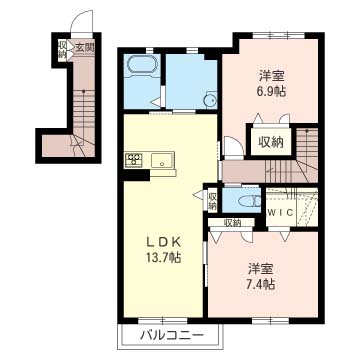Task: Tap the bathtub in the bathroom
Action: (139, 68)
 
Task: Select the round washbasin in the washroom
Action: (210, 98)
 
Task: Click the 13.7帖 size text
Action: (161, 257)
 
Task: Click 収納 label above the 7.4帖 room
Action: (232, 223)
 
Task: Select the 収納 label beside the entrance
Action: (62, 49)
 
